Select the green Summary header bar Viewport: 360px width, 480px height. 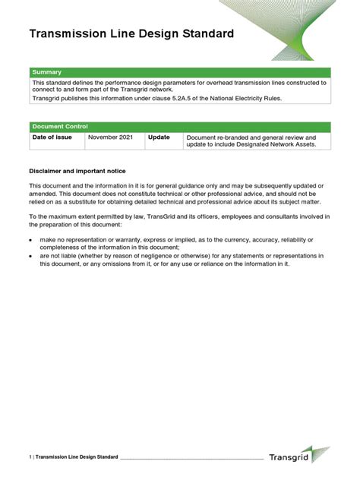tap(179, 72)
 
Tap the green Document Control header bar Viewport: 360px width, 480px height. tap(179, 126)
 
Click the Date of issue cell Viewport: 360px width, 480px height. tap(52, 137)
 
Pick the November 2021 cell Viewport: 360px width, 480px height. tap(111, 137)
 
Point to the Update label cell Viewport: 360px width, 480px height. tap(159, 137)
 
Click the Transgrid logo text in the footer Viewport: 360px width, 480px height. tap(289, 456)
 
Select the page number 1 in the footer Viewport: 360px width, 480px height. tap(30, 457)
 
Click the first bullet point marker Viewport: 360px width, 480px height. tap(31, 240)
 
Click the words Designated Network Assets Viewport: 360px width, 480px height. tap(274, 144)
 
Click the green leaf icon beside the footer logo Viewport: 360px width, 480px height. tap(321, 454)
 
